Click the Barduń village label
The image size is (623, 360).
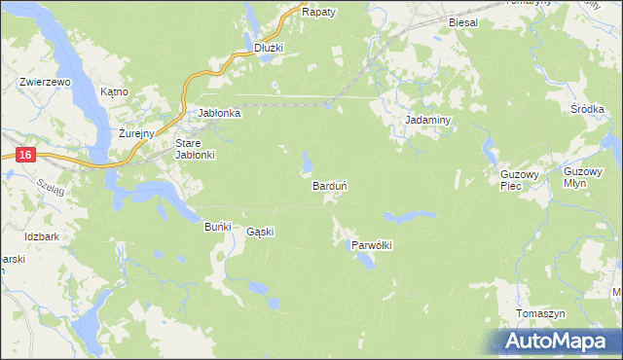[x=330, y=185]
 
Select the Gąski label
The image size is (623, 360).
[x=261, y=232]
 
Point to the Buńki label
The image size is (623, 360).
[x=217, y=227]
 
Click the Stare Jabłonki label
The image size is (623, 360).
[x=194, y=149]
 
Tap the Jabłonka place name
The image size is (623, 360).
[x=219, y=113]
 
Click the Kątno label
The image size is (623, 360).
[x=115, y=91]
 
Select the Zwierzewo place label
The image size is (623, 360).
[x=46, y=83]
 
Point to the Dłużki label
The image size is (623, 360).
[x=268, y=47]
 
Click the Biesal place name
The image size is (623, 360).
[x=464, y=21]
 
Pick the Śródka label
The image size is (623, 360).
[x=588, y=110]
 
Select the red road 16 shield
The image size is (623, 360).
[x=25, y=155]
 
